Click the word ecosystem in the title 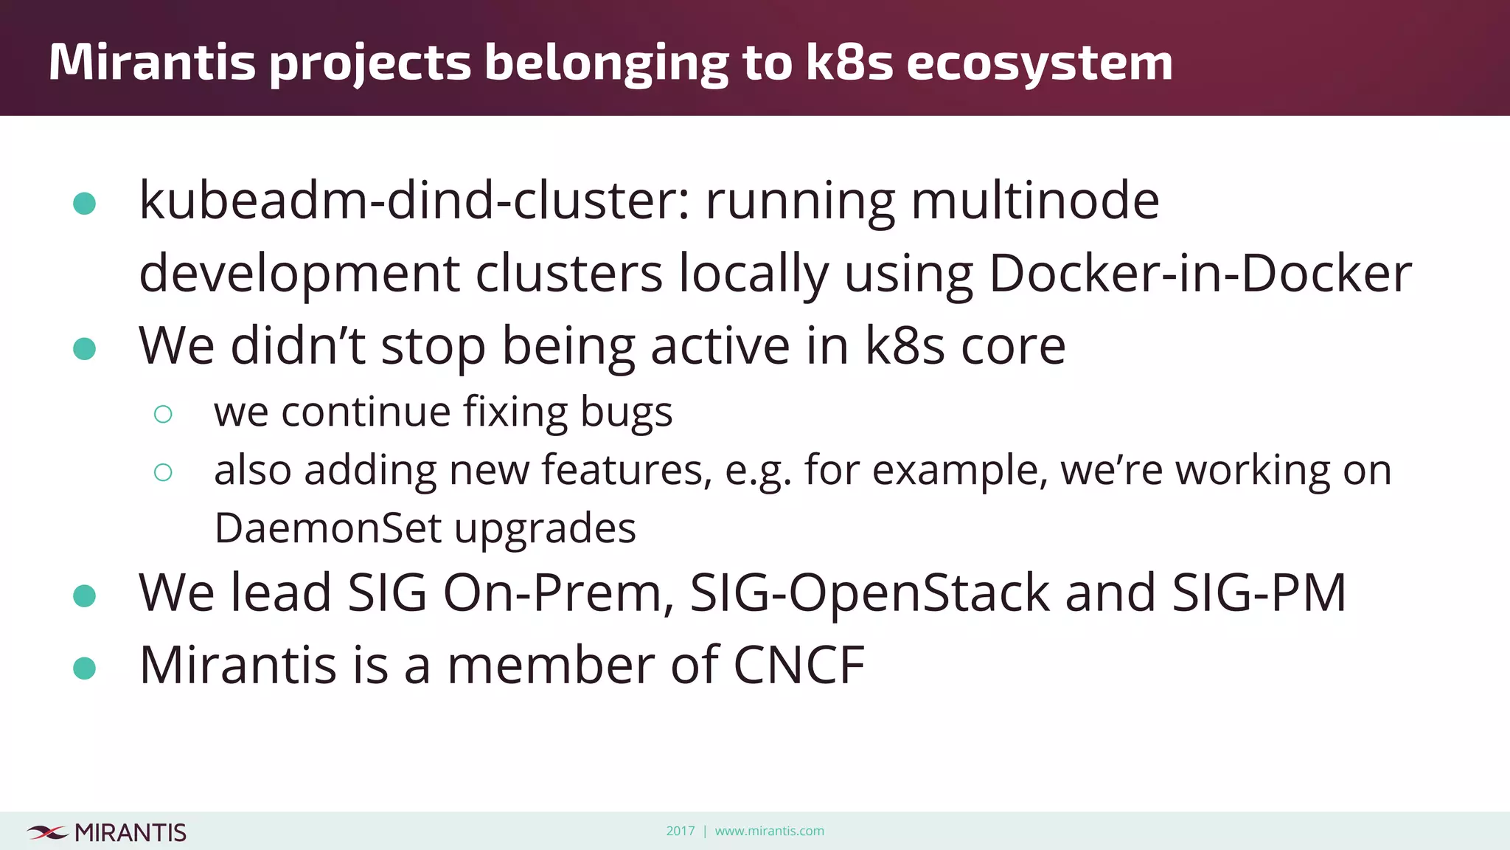(1039, 63)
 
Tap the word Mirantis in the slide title (152, 62)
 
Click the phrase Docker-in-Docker (1200, 274)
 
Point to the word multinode (1035, 201)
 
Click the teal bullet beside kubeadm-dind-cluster (85, 204)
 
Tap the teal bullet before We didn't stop (85, 349)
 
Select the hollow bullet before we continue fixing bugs (163, 414)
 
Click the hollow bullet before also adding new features (163, 472)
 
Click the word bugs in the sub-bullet (626, 412)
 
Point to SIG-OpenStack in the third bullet (869, 592)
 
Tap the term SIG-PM (1259, 592)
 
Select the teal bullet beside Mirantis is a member (85, 668)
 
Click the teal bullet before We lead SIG (85, 595)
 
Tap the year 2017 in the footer (680, 831)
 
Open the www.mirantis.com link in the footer (769, 831)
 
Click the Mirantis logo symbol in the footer (47, 833)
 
